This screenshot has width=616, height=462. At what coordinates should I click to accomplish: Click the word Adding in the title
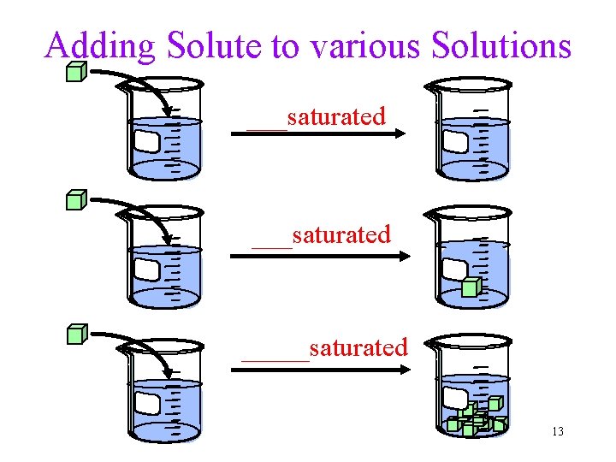tap(100, 45)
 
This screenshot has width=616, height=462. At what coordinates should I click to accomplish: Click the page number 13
tap(558, 431)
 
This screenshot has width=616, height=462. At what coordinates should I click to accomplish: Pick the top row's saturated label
tap(336, 116)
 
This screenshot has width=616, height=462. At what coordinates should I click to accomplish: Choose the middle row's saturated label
tap(341, 234)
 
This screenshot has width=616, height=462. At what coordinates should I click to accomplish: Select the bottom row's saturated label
tap(358, 347)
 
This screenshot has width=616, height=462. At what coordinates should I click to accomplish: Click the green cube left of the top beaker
tap(76, 72)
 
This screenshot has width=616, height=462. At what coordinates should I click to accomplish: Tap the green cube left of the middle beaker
tap(76, 201)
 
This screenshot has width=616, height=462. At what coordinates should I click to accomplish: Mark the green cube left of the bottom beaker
tap(76, 334)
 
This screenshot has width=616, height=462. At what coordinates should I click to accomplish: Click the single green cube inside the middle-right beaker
tap(470, 287)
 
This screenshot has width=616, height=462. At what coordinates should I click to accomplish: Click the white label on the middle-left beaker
tap(147, 270)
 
